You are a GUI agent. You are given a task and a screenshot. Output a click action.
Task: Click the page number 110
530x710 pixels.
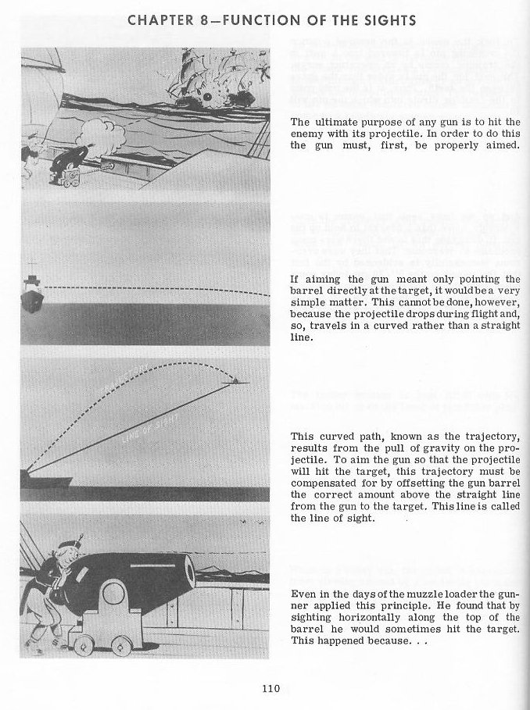[x=271, y=689]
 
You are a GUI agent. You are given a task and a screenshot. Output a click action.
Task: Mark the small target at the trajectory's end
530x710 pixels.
[x=236, y=380]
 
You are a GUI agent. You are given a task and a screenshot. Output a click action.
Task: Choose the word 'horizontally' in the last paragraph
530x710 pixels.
[x=363, y=619]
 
